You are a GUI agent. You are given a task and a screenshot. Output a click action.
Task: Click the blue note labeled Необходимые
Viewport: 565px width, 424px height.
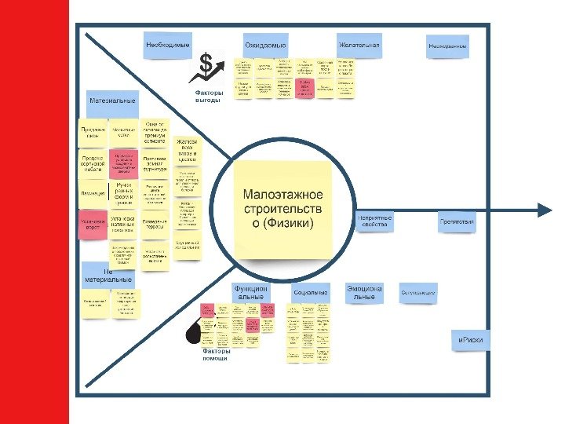pos(167,45)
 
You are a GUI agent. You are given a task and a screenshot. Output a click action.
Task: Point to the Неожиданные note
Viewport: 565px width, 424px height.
pos(448,46)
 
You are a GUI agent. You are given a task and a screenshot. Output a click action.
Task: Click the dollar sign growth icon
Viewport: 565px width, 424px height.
pos(209,68)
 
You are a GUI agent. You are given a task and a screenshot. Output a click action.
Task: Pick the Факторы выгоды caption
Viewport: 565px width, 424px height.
pos(208,96)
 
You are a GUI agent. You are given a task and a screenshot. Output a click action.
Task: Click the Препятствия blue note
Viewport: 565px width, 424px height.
pos(457,221)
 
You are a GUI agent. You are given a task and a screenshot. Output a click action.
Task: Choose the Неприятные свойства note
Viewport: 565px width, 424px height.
pos(374,221)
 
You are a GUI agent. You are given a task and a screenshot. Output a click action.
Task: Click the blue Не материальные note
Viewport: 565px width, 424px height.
pos(107,275)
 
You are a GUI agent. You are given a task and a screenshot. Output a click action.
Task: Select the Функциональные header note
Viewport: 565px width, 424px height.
pos(251,292)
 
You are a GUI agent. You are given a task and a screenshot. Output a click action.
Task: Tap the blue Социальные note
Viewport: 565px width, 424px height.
pos(310,292)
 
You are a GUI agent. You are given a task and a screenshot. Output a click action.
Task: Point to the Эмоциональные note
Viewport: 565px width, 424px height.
pos(364,292)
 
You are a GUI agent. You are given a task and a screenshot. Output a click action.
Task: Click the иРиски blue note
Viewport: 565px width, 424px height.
pos(471,339)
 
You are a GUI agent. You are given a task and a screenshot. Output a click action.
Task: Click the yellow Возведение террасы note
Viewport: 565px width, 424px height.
pos(155,224)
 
